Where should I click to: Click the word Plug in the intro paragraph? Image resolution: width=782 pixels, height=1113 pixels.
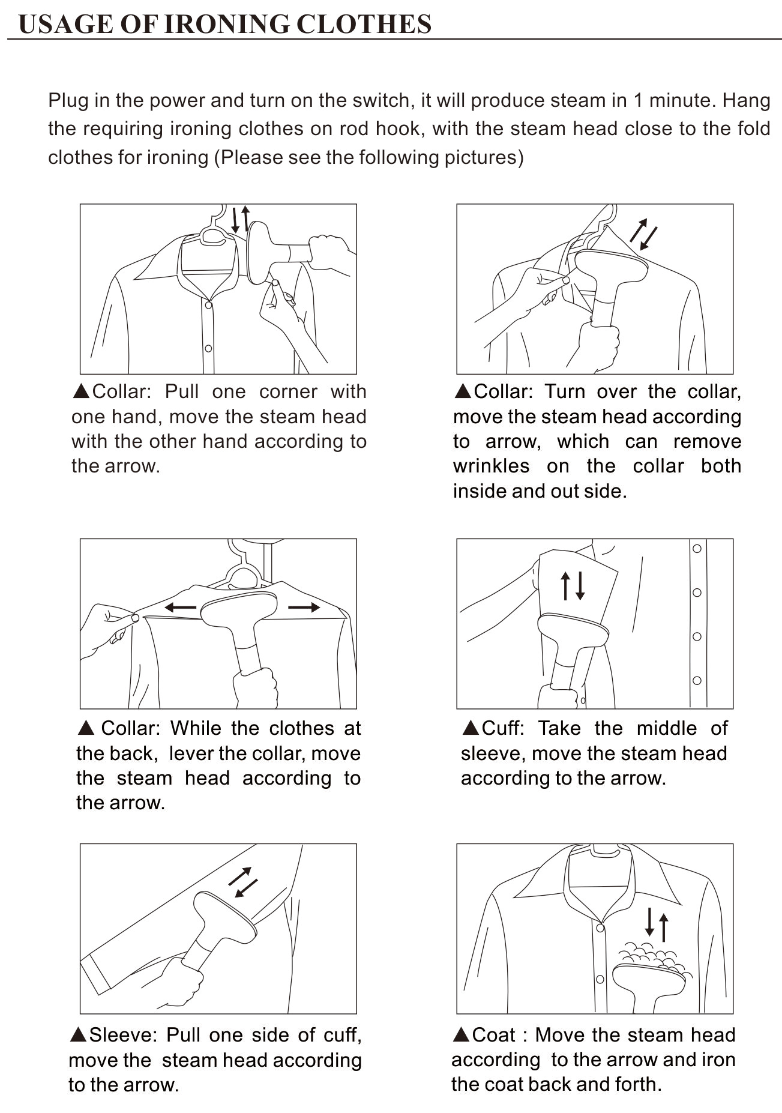(68, 101)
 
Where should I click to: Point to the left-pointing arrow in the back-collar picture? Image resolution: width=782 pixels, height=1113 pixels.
(180, 608)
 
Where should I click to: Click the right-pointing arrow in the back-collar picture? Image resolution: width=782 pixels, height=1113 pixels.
(304, 608)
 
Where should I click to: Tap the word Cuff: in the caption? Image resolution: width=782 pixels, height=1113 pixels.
(503, 728)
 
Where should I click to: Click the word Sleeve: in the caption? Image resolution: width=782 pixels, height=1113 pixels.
(123, 1035)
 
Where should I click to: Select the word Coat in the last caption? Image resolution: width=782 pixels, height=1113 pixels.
(493, 1035)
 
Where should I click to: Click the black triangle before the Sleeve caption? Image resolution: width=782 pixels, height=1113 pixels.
(79, 1035)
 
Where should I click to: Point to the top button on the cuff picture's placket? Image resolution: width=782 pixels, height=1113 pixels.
(697, 548)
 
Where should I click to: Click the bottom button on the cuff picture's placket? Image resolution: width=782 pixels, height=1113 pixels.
(697, 680)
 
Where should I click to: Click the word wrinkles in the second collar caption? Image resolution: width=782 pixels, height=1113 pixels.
(491, 466)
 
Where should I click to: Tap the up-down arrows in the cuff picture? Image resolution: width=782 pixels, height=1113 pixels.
(573, 585)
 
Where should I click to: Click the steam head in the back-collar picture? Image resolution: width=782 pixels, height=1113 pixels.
(238, 610)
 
